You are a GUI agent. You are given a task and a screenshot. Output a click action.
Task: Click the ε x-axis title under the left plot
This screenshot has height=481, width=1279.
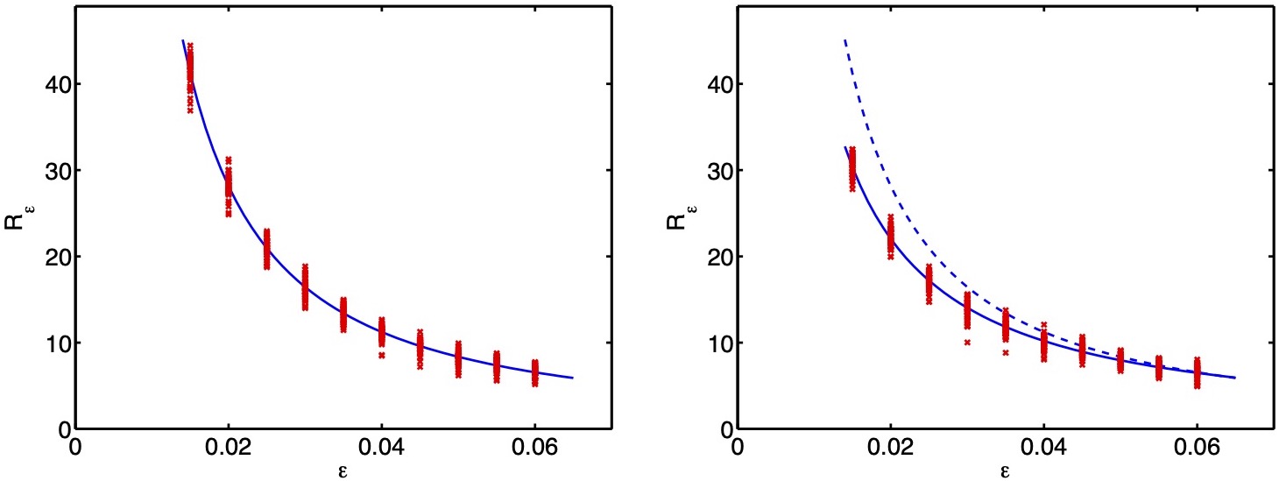pyautogui.click(x=343, y=471)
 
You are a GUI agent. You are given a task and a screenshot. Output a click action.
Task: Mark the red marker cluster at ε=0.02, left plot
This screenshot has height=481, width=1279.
pyautogui.click(x=229, y=186)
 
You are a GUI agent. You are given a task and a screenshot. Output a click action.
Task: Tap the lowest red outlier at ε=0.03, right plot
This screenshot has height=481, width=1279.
pyautogui.click(x=967, y=343)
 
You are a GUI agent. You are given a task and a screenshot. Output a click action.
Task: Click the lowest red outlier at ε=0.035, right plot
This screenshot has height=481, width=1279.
pyautogui.click(x=1006, y=352)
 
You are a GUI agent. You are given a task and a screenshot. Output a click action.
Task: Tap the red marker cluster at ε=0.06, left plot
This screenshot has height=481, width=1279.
pyautogui.click(x=535, y=372)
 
